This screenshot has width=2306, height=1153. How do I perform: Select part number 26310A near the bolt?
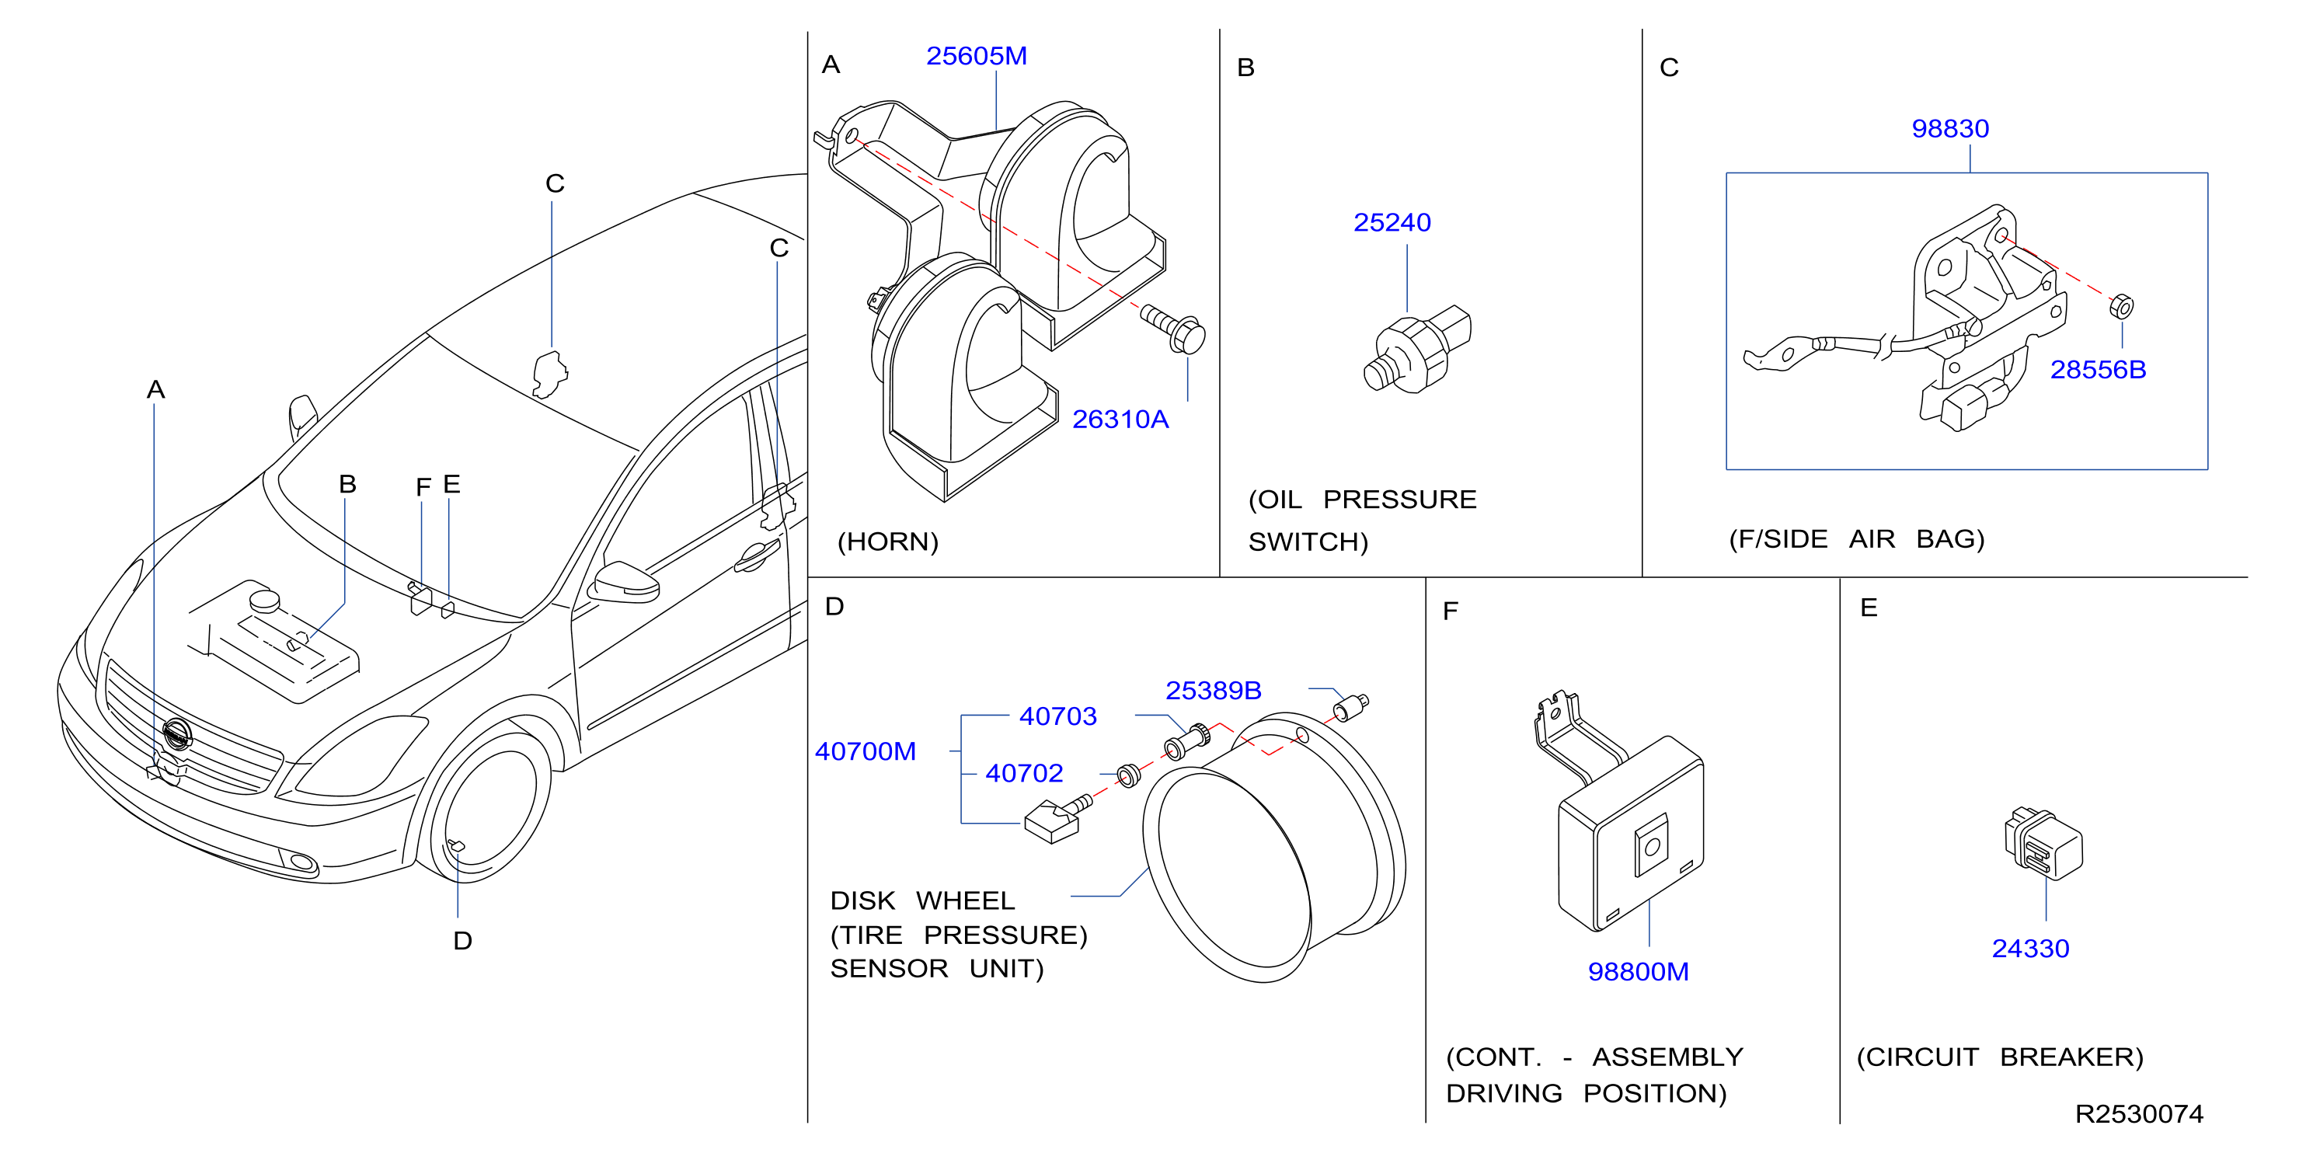pyautogui.click(x=1120, y=419)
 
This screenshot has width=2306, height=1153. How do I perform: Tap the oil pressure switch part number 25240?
pyautogui.click(x=1392, y=222)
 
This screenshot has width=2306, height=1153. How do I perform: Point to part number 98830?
pyautogui.click(x=1949, y=129)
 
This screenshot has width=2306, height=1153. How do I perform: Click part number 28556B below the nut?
pyautogui.click(x=2098, y=370)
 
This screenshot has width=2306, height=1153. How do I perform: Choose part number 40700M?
pyautogui.click(x=865, y=751)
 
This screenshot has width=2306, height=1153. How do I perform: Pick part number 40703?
pyautogui.click(x=1057, y=716)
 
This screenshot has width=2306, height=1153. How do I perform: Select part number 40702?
pyautogui.click(x=1024, y=772)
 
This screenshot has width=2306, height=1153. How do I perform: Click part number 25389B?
pyautogui.click(x=1213, y=690)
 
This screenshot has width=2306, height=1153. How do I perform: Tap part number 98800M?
pyautogui.click(x=1637, y=971)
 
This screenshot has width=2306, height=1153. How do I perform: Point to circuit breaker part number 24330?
pyautogui.click(x=2030, y=948)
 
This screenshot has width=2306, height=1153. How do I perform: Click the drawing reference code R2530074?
pyautogui.click(x=2139, y=1113)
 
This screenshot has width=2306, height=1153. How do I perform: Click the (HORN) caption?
pyautogui.click(x=887, y=542)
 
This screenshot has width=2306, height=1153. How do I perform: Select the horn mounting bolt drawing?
pyautogui.click(x=1172, y=329)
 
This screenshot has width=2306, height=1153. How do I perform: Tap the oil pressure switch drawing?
pyautogui.click(x=1417, y=349)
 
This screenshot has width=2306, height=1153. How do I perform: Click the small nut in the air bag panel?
pyautogui.click(x=2121, y=306)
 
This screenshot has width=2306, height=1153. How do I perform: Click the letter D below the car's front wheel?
pyautogui.click(x=462, y=941)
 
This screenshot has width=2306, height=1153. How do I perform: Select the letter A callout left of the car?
pyautogui.click(x=155, y=389)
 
